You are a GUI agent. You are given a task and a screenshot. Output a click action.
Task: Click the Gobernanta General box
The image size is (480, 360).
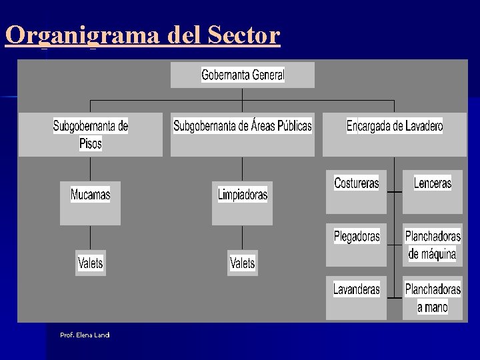point(243,75)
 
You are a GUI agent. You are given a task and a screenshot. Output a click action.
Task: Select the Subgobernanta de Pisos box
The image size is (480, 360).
point(91,134)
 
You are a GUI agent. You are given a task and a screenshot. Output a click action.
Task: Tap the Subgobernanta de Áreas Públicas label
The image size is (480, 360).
point(243,126)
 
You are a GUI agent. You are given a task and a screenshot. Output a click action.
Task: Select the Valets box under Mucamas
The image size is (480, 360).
point(91,263)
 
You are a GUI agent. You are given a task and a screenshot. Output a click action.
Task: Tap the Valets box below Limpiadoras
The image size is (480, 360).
point(243,263)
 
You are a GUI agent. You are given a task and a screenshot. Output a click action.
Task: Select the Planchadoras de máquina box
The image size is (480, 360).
point(432,245)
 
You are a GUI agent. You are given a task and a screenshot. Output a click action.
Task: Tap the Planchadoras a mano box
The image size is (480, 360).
point(432,297)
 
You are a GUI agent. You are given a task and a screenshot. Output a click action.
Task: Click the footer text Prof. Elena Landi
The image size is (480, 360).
point(85,335)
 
